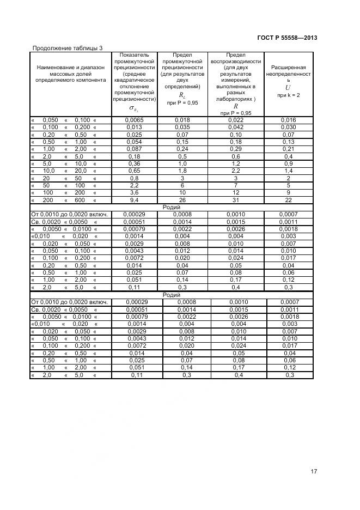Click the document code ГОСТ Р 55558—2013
coord(286,38)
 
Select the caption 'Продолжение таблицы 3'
coord(68,48)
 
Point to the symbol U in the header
coord(288,87)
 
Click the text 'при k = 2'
coord(288,95)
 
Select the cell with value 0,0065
coord(134,120)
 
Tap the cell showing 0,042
coord(235,127)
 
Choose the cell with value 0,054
coord(134,142)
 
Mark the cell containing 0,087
coord(134,149)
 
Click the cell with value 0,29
coord(235,149)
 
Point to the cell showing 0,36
coord(134,163)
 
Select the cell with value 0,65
coord(134,171)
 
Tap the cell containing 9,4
coord(134,199)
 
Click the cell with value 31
coord(235,199)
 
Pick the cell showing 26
coord(182,199)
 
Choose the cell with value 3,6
coord(134,192)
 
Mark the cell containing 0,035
coord(182,127)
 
